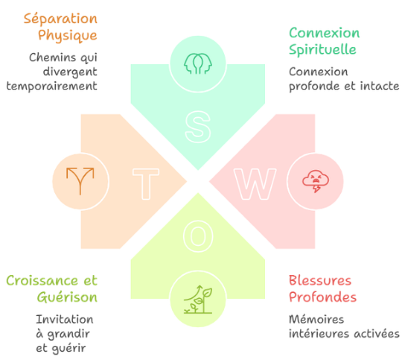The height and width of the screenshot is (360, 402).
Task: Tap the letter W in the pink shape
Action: (x=255, y=184)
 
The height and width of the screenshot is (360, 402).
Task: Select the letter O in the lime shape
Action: (x=198, y=236)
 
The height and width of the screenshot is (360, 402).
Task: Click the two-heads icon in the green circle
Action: (x=198, y=63)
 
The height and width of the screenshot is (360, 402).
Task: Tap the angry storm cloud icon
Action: (x=316, y=181)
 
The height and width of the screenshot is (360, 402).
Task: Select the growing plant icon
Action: (x=198, y=299)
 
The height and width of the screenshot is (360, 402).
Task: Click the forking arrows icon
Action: (x=80, y=181)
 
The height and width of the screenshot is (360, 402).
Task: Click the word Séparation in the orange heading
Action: (x=60, y=19)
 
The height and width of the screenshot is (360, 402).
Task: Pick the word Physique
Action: (x=68, y=36)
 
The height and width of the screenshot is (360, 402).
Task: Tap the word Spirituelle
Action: (x=322, y=49)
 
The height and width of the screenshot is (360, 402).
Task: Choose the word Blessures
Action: (x=320, y=280)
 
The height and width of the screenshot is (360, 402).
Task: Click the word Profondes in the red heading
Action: (x=323, y=297)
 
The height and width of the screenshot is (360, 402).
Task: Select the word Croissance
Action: (x=42, y=280)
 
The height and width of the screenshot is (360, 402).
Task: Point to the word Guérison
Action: (x=67, y=297)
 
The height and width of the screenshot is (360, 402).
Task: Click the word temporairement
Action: (x=52, y=86)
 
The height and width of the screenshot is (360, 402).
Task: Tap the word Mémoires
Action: (x=316, y=320)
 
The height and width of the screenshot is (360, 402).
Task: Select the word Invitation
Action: (x=65, y=320)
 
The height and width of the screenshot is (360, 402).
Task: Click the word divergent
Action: (x=70, y=72)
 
